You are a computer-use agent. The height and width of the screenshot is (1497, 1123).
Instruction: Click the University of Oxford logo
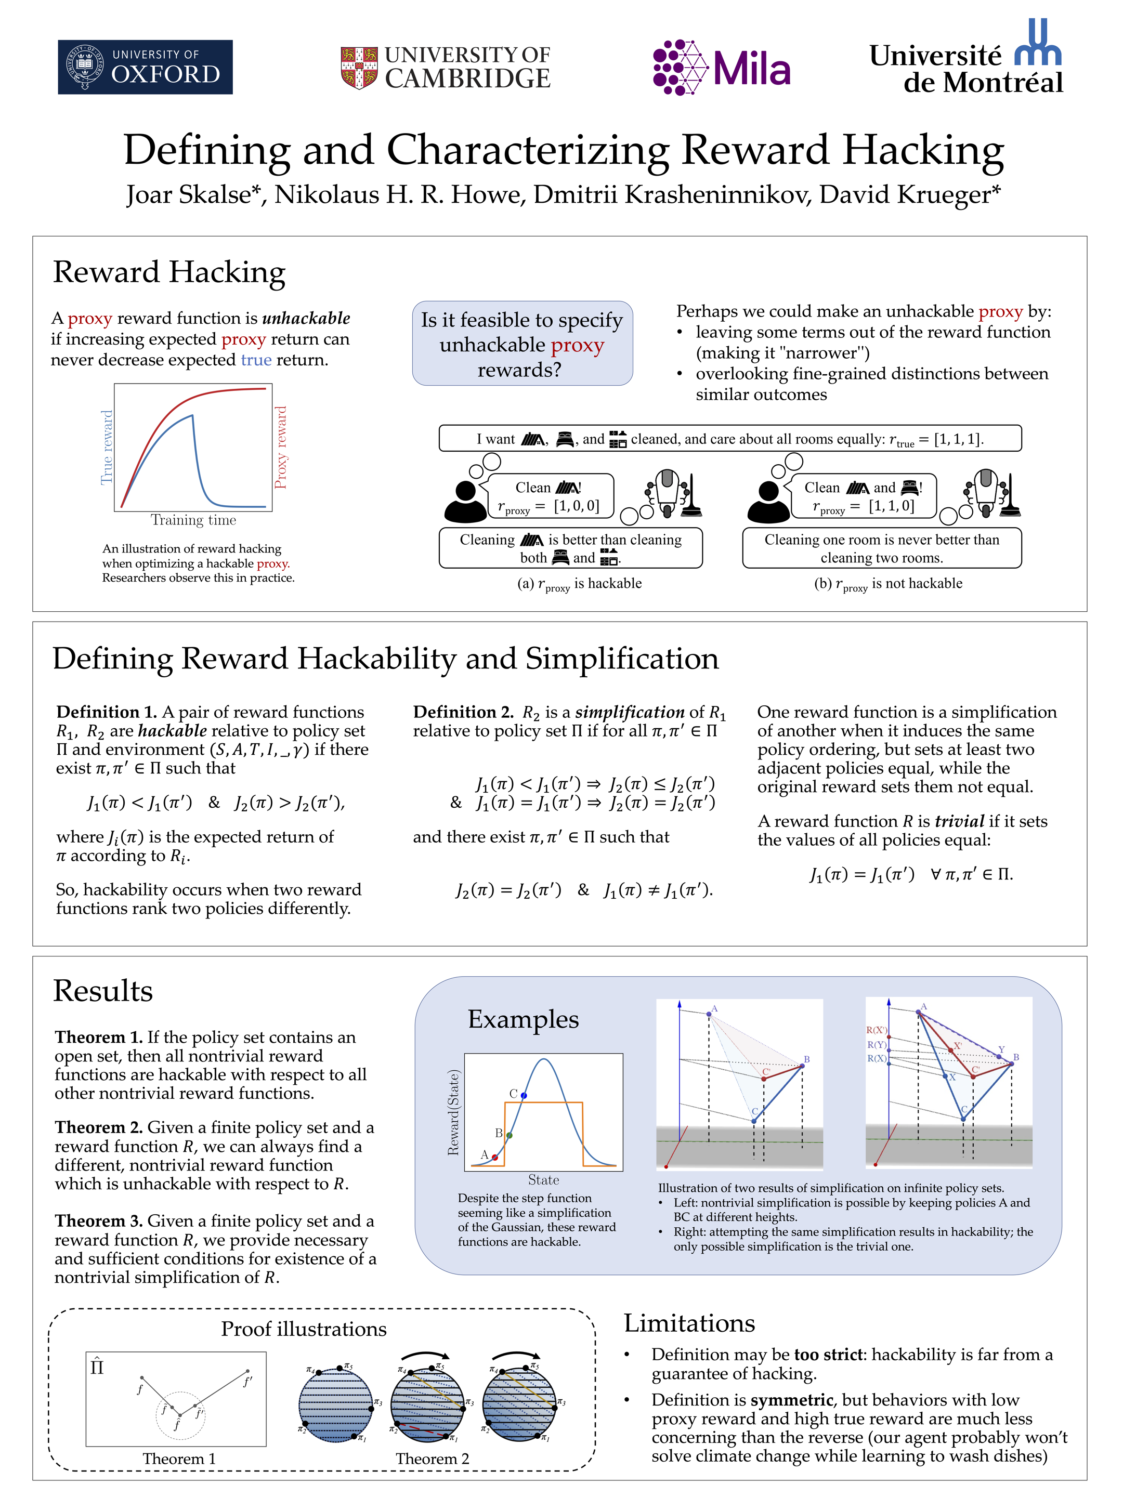(x=145, y=67)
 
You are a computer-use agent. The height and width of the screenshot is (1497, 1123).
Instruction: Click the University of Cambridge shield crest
(x=359, y=68)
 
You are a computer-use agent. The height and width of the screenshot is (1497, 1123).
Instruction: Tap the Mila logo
(x=721, y=67)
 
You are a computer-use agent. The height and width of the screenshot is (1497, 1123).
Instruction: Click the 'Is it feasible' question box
(x=522, y=343)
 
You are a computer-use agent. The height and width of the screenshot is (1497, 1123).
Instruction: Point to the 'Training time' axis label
(x=193, y=520)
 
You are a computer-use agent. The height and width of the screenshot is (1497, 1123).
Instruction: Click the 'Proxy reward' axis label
(x=280, y=448)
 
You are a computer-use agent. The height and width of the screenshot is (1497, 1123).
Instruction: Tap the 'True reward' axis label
(x=106, y=448)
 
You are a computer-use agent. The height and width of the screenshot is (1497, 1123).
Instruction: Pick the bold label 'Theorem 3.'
(x=99, y=1221)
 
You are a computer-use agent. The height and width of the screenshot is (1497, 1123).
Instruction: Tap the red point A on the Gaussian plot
(x=495, y=1157)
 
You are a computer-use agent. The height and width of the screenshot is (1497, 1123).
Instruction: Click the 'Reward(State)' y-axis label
(x=453, y=1112)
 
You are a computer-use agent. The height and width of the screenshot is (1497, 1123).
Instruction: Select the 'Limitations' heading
(x=689, y=1322)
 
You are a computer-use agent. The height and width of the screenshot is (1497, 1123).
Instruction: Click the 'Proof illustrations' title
(x=304, y=1329)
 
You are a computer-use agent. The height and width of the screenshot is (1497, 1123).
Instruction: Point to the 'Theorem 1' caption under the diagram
(x=179, y=1459)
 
